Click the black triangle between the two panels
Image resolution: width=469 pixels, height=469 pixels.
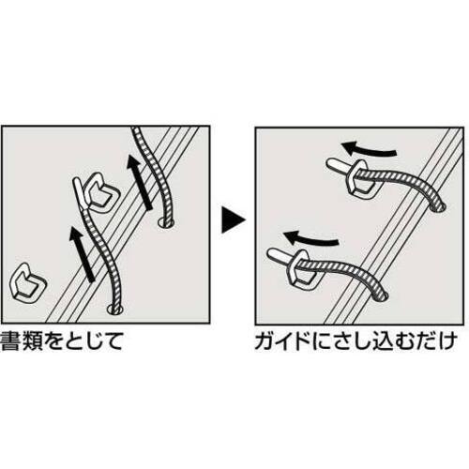click(232, 219)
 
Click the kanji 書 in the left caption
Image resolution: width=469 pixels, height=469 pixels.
click(11, 341)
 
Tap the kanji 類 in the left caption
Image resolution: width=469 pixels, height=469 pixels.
click(34, 341)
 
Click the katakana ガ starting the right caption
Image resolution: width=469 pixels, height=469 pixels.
click(266, 341)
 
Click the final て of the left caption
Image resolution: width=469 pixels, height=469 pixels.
click(112, 341)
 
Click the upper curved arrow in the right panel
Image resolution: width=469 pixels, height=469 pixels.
click(369, 149)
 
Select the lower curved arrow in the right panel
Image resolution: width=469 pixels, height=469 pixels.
click(311, 238)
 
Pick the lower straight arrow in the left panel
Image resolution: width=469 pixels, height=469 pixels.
click(82, 254)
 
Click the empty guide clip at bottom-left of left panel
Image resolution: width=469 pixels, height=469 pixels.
click(27, 284)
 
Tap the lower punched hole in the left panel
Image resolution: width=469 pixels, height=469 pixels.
click(115, 310)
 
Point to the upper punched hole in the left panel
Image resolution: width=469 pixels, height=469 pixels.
click(166, 222)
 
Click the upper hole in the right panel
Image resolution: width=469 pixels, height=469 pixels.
click(438, 206)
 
